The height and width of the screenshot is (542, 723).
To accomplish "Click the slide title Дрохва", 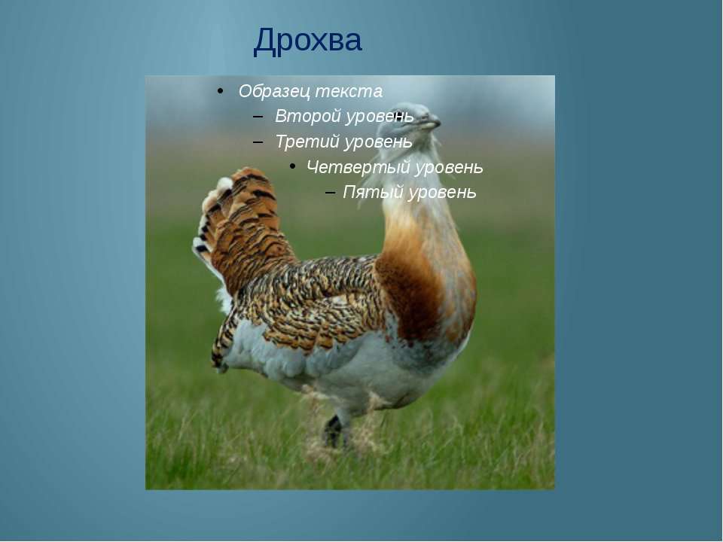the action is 307,41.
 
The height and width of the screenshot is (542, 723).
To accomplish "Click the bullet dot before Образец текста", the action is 220,91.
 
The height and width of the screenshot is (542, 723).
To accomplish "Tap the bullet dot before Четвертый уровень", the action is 292,166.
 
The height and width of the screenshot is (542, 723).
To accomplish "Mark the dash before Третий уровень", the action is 258,142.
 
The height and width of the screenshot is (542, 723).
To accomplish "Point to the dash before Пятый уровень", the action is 330,192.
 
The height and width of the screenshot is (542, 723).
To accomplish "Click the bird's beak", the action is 431,123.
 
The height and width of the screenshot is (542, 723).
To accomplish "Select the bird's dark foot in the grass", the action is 334,431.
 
